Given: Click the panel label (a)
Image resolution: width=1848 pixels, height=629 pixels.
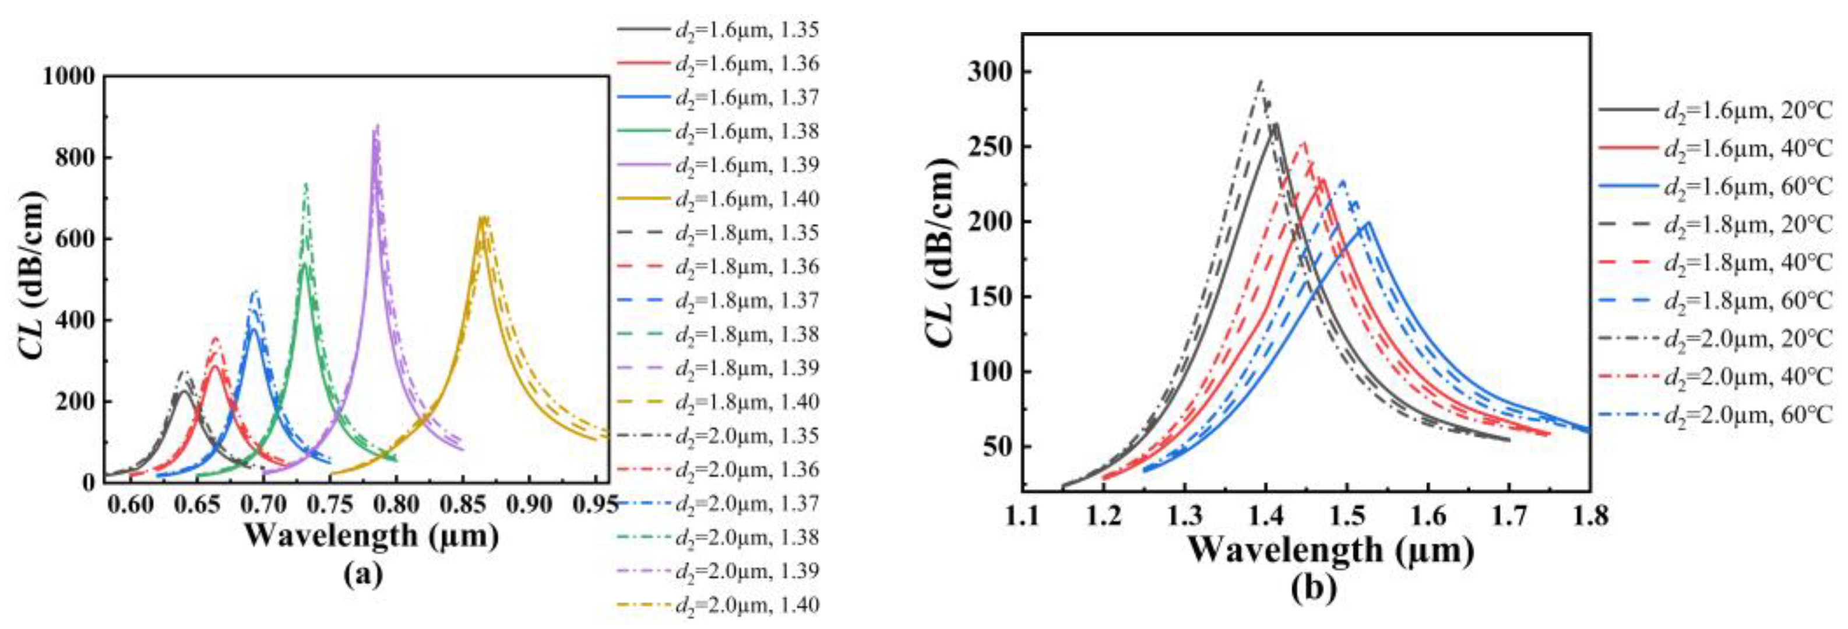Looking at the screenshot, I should (x=363, y=574).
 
